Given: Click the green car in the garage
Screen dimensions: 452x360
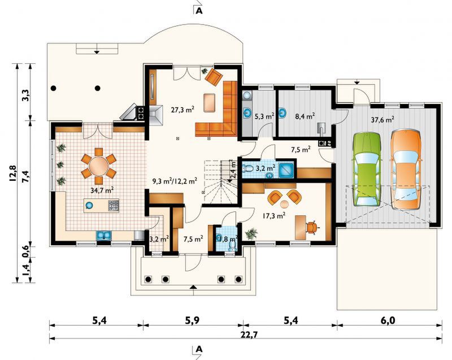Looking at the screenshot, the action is pos(366,169).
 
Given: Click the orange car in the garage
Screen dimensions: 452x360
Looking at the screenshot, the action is pos(406,170).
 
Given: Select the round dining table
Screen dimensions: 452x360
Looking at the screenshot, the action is pos(98,166).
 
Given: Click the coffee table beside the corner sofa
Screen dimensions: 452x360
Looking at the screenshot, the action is pos(209,103).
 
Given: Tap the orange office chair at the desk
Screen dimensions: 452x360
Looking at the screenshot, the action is pos(311,227).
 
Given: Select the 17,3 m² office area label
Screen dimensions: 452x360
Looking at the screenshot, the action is pos(274,215).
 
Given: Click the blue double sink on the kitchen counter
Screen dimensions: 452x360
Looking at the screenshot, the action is pos(104,235).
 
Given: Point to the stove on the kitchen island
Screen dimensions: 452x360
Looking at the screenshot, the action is pos(114,205).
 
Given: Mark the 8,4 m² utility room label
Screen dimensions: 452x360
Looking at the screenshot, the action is pos(305,116).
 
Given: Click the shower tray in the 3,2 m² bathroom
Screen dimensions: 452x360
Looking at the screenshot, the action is pos(286,170).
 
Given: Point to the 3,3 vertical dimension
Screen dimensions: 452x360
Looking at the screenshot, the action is pos(25,96).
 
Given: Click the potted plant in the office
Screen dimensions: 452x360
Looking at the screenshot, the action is pos(251,233).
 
